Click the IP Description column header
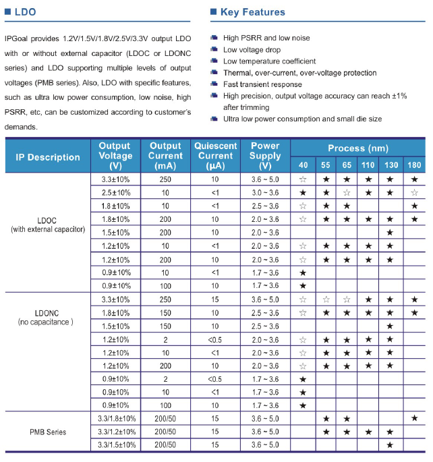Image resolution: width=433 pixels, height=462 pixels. click(48, 157)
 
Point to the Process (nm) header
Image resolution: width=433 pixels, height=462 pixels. click(357, 148)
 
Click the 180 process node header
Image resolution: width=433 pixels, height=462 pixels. click(413, 165)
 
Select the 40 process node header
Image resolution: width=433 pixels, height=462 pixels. click(303, 165)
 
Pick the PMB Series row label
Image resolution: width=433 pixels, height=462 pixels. click(48, 431)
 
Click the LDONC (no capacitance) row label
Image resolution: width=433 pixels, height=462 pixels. click(47, 318)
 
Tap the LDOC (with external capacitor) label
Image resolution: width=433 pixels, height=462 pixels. click(48, 225)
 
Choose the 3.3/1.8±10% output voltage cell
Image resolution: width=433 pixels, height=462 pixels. click(115, 419)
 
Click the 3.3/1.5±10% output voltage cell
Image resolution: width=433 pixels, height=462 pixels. click(115, 444)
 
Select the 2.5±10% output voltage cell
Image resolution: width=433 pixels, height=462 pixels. click(115, 193)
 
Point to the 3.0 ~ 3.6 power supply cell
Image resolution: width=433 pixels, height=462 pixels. click(264, 193)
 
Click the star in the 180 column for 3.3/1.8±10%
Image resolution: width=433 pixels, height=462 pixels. click(413, 419)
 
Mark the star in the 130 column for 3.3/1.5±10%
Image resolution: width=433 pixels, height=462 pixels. click(389, 444)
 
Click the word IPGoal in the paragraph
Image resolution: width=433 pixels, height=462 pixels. click(18, 39)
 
